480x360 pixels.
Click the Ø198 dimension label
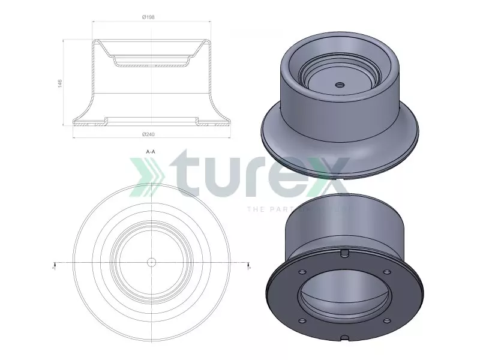point(149,17)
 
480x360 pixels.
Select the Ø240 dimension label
point(149,133)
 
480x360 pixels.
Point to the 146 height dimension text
point(60,83)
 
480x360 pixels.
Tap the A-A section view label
point(151,152)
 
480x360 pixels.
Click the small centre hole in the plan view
point(151,262)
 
